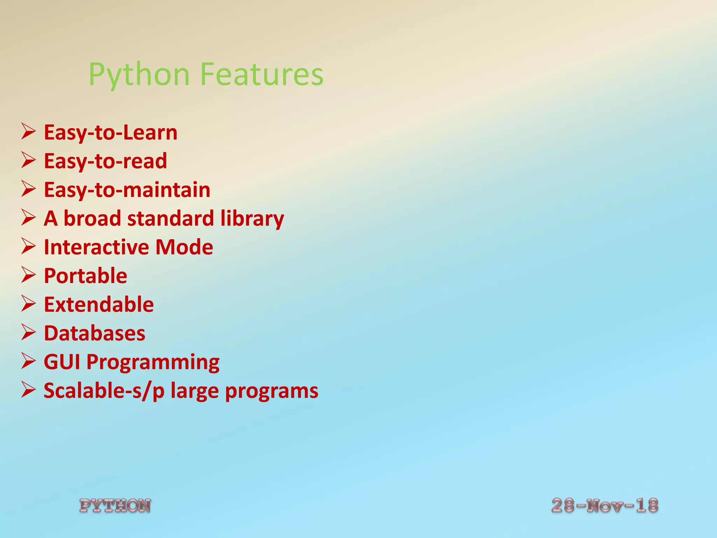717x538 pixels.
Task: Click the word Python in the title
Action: [x=139, y=75]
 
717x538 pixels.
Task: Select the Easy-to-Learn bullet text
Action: [x=111, y=133]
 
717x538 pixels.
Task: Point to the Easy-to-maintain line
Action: [x=127, y=190]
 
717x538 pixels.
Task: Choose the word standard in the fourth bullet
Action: [x=170, y=219]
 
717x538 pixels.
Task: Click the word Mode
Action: [x=184, y=247]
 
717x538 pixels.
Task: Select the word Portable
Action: [x=85, y=276]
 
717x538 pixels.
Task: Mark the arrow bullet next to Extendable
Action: [x=28, y=304]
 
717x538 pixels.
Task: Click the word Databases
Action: [x=95, y=333]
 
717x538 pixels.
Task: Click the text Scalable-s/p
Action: [x=104, y=391]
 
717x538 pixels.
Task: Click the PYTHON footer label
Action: [x=115, y=506]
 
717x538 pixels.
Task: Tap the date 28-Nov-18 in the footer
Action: [x=605, y=506]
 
